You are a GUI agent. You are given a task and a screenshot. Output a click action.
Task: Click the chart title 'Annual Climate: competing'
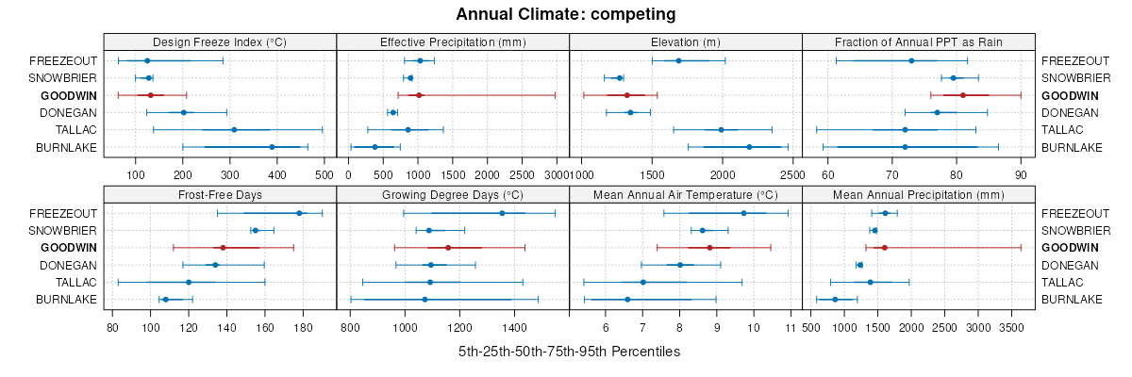(x=565, y=14)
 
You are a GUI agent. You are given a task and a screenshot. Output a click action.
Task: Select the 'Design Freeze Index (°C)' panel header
(x=220, y=41)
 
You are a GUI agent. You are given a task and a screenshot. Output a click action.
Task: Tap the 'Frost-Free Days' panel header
(x=220, y=195)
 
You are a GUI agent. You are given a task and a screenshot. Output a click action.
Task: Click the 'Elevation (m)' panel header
(x=686, y=41)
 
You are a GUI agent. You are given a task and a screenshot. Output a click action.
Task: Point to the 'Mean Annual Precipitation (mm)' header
(x=919, y=195)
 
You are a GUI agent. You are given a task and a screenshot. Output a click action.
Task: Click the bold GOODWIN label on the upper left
(x=69, y=95)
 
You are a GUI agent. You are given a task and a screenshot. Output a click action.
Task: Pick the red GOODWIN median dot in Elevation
(x=626, y=95)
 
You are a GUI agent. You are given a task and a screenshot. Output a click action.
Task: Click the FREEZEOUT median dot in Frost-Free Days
(x=300, y=213)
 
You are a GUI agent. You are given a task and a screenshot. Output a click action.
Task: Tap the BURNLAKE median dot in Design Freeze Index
(x=272, y=147)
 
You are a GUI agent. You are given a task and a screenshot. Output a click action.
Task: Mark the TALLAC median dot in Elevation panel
(x=721, y=130)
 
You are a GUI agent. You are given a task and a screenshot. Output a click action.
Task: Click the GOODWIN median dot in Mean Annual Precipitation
(x=884, y=248)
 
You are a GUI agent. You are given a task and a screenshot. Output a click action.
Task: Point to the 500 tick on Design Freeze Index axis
(x=324, y=174)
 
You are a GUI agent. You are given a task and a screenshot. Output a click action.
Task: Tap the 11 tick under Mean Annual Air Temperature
(x=790, y=328)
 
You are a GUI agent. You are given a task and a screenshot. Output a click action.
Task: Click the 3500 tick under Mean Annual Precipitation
(x=1011, y=328)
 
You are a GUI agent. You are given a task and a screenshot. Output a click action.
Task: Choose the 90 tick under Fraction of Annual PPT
(x=1021, y=174)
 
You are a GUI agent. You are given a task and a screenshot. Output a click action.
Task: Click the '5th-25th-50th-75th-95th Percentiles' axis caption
(x=569, y=352)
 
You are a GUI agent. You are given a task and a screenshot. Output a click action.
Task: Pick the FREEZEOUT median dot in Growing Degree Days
(x=502, y=213)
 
